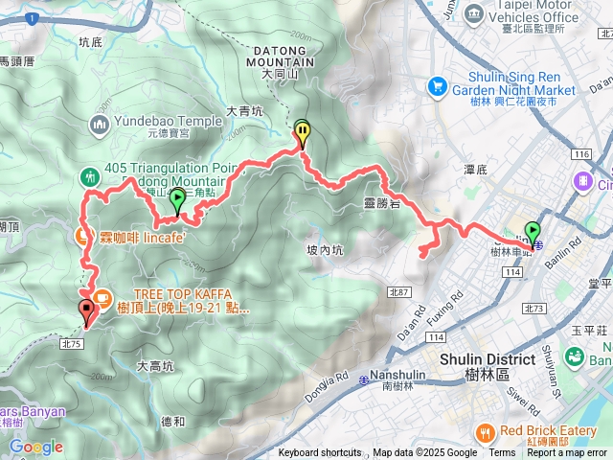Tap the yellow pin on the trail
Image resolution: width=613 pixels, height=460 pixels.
[303, 135]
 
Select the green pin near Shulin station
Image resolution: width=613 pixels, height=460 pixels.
[533, 232]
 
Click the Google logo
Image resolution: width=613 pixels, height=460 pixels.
[35, 447]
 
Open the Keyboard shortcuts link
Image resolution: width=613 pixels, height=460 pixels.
[320, 453]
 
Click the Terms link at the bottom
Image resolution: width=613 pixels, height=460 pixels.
[501, 453]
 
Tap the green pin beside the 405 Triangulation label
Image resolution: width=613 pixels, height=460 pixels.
[177, 201]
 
